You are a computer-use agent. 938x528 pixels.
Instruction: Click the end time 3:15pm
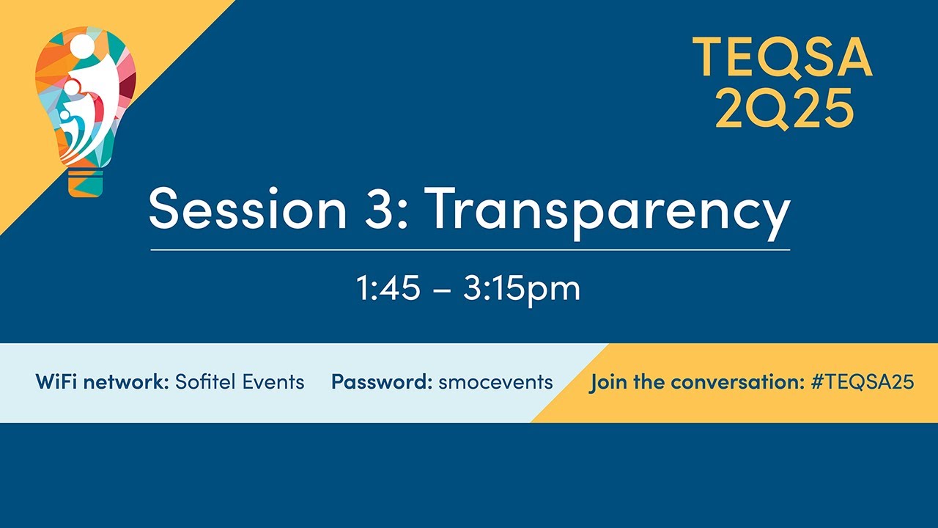522,289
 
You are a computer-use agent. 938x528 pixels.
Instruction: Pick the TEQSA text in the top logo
782,57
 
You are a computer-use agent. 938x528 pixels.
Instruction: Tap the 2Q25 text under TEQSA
784,107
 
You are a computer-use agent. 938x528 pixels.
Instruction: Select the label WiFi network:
103,382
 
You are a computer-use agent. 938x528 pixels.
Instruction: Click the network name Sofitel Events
240,382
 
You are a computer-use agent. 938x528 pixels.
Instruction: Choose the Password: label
382,382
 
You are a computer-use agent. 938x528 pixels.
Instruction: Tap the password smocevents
495,382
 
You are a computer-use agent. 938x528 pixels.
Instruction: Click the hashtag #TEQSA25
863,382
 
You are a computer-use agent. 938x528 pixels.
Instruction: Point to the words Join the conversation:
698,382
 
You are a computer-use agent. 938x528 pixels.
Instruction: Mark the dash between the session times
442,290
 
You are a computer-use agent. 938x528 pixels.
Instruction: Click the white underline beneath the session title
470,250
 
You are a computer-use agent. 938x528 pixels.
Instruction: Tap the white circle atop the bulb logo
82,46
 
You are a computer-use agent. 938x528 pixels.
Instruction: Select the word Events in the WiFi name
273,382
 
